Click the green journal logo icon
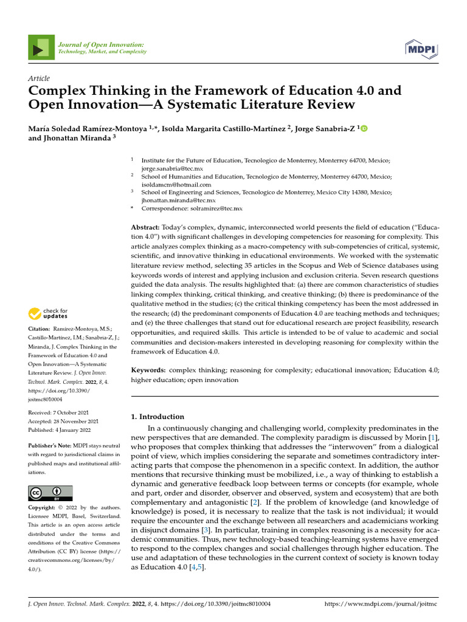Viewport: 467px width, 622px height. (41, 48)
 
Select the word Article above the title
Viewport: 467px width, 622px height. (39, 78)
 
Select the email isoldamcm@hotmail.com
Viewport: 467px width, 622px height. (176, 184)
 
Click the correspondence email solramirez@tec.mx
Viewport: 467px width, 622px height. (216, 208)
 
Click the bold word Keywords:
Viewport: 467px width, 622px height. (149, 369)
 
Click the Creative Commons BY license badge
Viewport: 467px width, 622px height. (50, 493)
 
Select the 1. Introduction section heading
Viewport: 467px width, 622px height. (157, 417)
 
